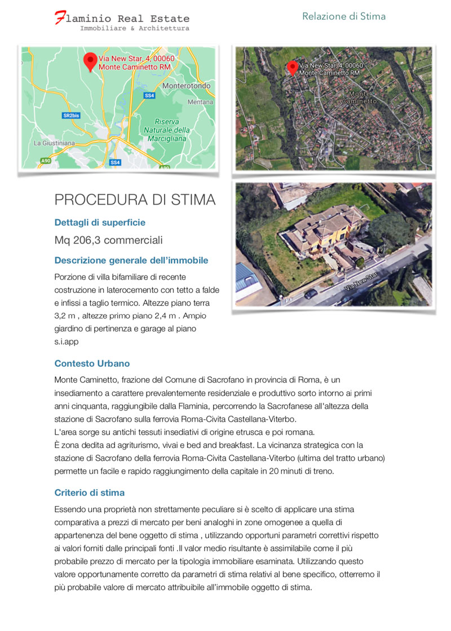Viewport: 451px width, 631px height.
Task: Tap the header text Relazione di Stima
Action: click(344, 16)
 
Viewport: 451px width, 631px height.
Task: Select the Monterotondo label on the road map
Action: click(186, 86)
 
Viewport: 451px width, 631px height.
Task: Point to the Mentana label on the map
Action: click(200, 102)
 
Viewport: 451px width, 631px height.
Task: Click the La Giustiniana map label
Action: click(54, 143)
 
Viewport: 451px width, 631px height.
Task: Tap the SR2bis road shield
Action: click(68, 115)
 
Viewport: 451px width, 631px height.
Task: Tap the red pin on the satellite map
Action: click(291, 68)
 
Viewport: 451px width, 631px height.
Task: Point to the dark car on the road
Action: click(311, 294)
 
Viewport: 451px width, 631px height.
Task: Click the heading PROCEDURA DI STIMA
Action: click(135, 199)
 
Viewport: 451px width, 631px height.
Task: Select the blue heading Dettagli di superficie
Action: click(100, 223)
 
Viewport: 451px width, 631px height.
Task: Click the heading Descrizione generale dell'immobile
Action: click(131, 260)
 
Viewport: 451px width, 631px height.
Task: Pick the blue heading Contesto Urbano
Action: click(92, 363)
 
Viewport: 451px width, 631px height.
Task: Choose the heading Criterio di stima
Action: click(90, 492)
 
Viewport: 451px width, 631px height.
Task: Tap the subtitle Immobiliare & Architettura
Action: click(135, 28)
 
